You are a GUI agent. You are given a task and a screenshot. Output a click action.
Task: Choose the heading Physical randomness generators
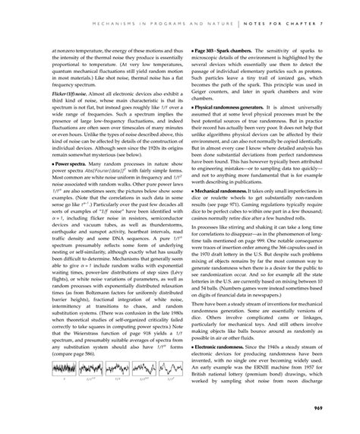(228, 108)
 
